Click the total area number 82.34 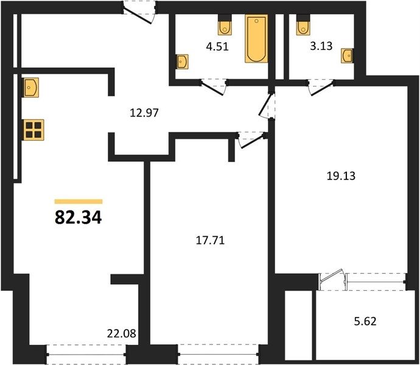tap(78, 217)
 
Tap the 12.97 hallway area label tap(144, 113)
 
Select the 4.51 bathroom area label tap(217, 47)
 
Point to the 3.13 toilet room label tap(321, 46)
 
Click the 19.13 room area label tap(341, 176)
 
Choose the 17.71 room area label tap(210, 240)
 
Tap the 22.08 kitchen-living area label tap(122, 333)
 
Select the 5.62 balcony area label tap(365, 321)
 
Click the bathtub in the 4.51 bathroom tap(256, 38)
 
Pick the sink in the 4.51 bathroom tap(183, 62)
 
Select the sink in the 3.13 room tap(347, 56)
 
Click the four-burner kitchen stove tap(33, 130)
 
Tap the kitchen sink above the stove tap(31, 88)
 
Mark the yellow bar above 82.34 tap(79, 201)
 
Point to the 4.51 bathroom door tap(214, 87)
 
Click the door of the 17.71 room tap(251, 141)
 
